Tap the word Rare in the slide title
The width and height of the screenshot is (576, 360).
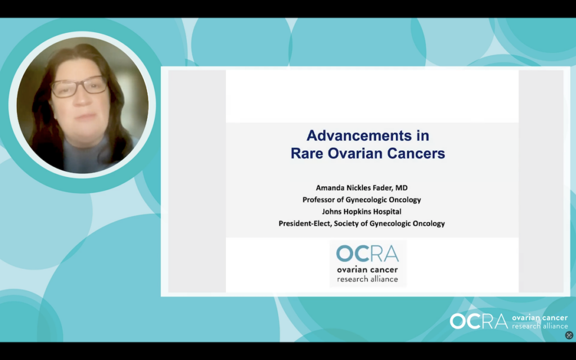(x=307, y=153)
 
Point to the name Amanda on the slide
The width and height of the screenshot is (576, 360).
(x=330, y=188)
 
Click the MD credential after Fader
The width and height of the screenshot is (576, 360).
(x=402, y=188)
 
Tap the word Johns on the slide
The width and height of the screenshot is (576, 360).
(x=331, y=211)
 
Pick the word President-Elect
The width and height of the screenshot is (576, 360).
(x=305, y=223)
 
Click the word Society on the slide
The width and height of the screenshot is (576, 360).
(x=346, y=223)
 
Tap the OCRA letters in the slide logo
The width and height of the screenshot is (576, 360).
(x=367, y=254)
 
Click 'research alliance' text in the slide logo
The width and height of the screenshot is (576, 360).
(x=367, y=279)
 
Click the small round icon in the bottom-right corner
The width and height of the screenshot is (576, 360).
(x=569, y=335)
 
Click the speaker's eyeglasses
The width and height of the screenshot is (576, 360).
(x=79, y=87)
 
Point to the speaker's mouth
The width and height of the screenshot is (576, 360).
(x=86, y=117)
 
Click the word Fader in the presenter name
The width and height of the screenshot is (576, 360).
(x=383, y=188)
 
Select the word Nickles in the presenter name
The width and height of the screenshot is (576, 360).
(x=358, y=188)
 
